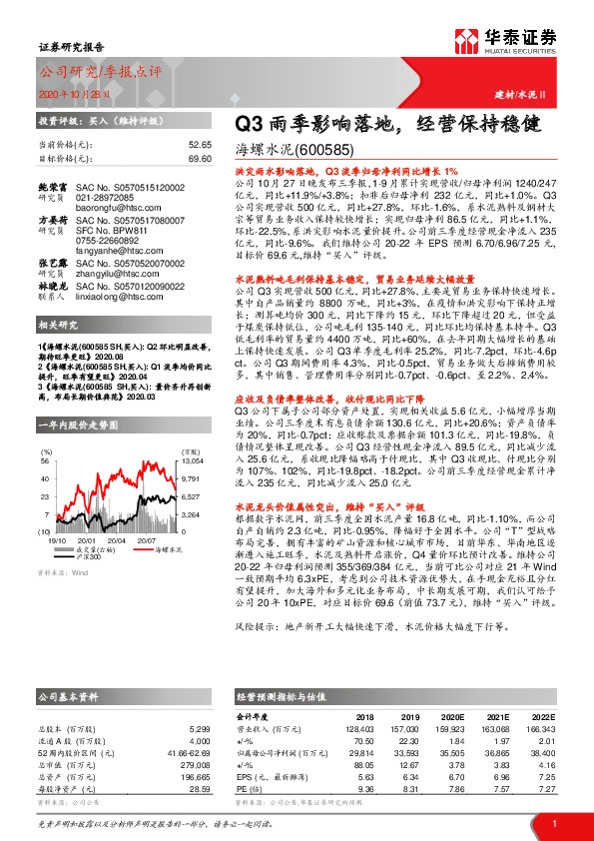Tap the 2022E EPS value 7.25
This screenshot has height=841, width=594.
pyautogui.click(x=544, y=774)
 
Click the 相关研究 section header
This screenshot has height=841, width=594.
pyautogui.click(x=59, y=326)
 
